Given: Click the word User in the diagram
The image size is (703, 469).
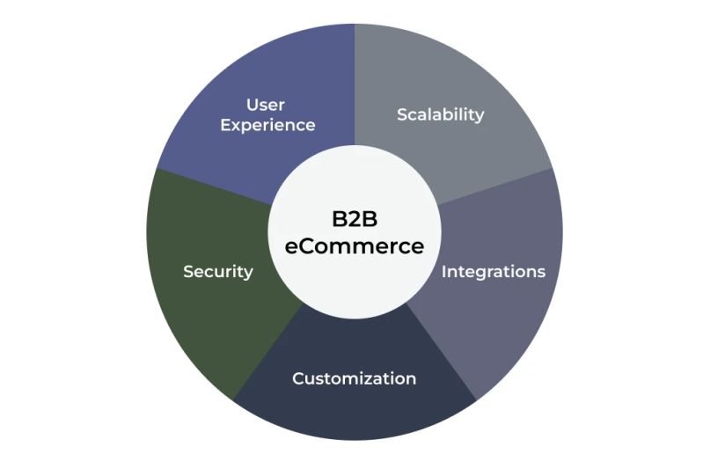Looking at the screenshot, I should point(265,106).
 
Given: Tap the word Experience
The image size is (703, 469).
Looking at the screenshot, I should point(267,125).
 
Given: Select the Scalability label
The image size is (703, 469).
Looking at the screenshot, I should point(440,114).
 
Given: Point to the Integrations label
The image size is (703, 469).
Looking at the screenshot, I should point(493,271).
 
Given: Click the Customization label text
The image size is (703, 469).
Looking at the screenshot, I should point(354,379).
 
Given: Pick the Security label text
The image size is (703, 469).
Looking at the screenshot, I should point(217,271).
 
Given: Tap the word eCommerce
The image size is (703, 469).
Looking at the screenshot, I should point(354,246).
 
